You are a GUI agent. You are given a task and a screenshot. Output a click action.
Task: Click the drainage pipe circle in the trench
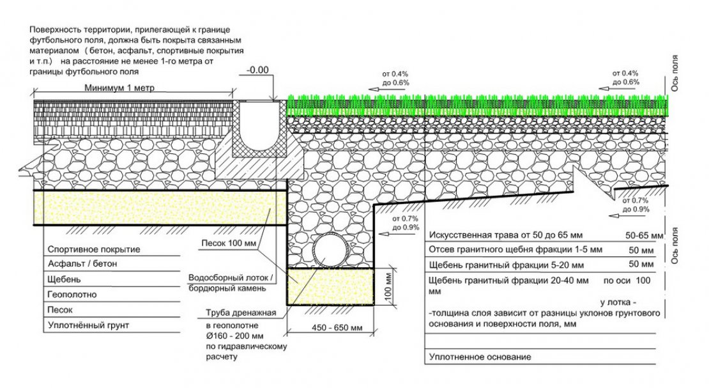coord(329,251)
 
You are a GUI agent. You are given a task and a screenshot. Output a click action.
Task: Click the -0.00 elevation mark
coord(259,69)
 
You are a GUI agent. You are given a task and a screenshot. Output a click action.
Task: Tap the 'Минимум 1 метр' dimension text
coord(121,88)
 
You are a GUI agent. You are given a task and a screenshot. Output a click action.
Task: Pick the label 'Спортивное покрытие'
coord(94,249)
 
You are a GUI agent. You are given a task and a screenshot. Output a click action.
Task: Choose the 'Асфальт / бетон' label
coord(83,263)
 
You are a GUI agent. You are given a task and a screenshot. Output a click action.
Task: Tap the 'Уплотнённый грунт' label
coord(88,325)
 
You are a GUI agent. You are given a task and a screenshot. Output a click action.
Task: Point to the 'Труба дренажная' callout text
coord(236,313)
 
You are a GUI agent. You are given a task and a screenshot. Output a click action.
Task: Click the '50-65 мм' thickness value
coord(646,235)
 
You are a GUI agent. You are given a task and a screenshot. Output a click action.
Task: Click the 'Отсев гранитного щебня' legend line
coord(505,249)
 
